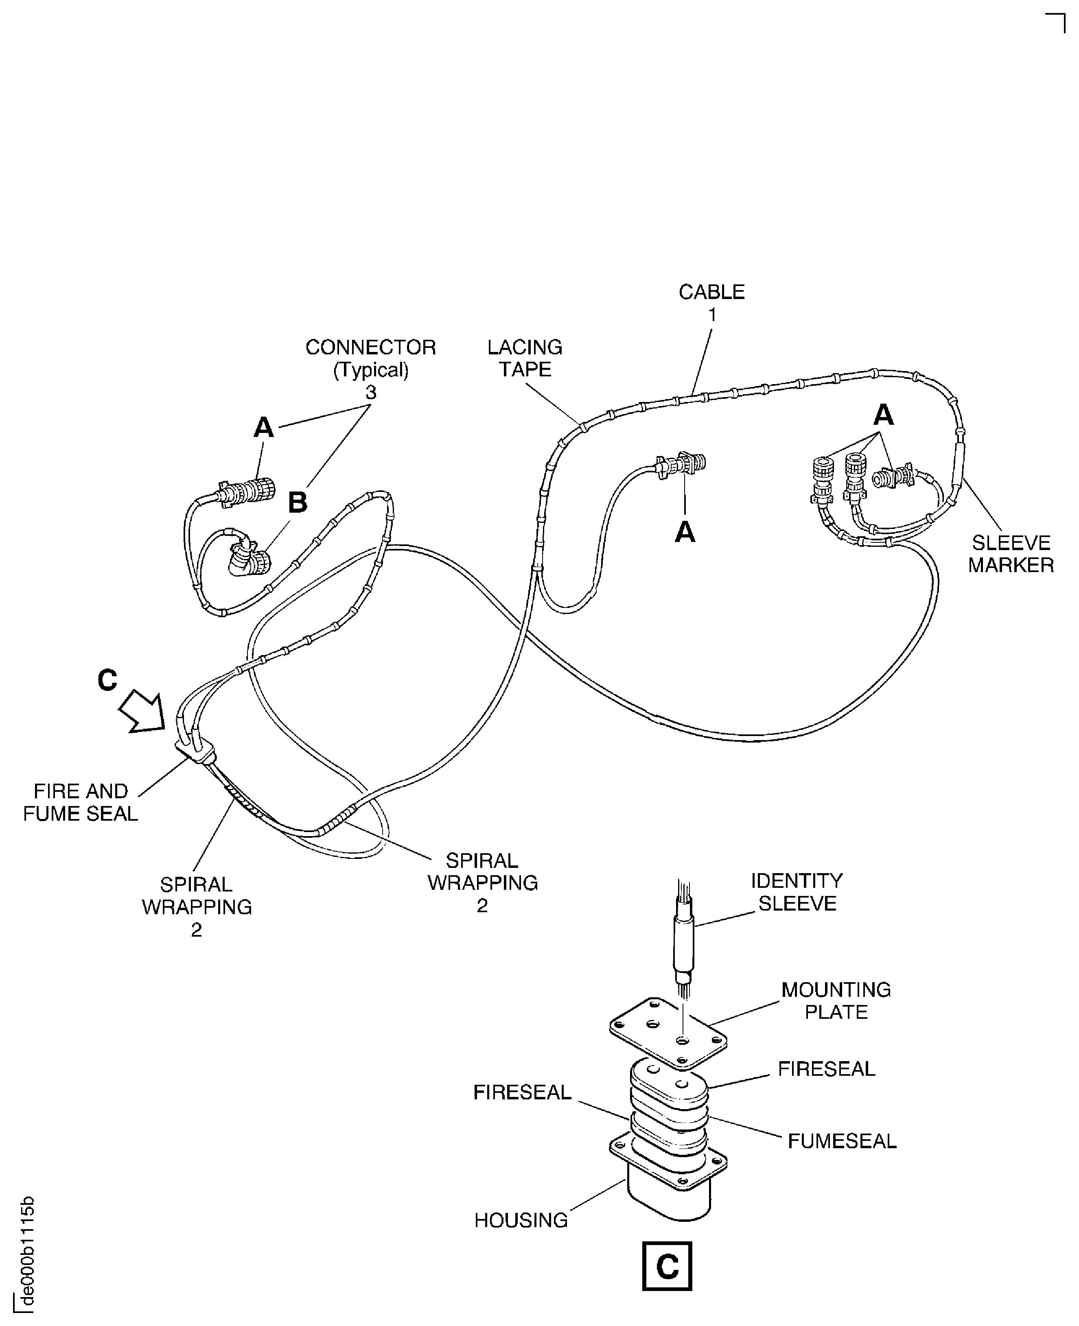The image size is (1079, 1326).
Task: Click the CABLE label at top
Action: pyautogui.click(x=711, y=292)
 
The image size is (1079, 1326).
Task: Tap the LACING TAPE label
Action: pyautogui.click(x=525, y=358)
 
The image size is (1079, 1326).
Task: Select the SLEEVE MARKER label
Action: pyautogui.click(x=1011, y=554)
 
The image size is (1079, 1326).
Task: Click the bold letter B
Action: pyautogui.click(x=298, y=502)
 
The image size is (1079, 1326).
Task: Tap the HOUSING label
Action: pyautogui.click(x=521, y=1220)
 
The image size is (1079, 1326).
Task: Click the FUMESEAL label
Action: pyautogui.click(x=842, y=1141)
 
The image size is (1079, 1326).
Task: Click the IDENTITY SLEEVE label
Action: pyautogui.click(x=797, y=892)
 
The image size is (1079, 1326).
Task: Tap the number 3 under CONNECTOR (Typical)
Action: pyautogui.click(x=370, y=393)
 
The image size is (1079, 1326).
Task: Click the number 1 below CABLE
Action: pyautogui.click(x=712, y=315)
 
